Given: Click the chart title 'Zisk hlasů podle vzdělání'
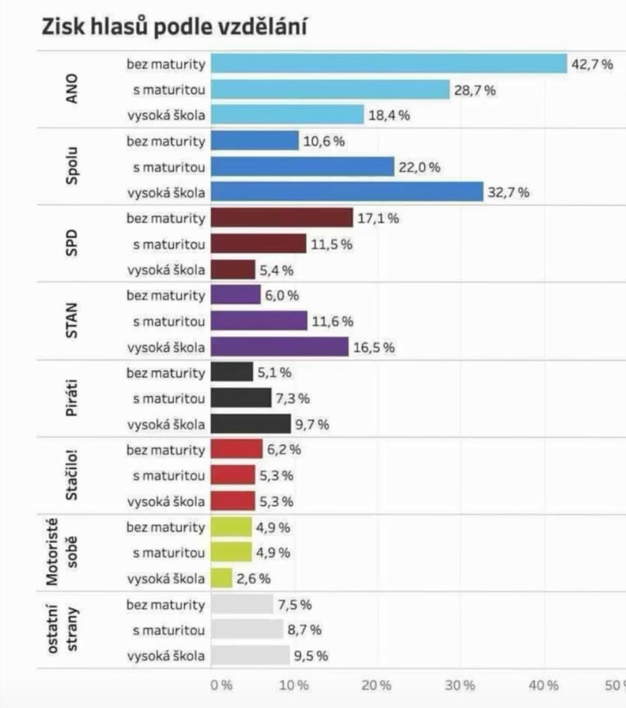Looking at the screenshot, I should (174, 27).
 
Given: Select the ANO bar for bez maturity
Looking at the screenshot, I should (389, 64).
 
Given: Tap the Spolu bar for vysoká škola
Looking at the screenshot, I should (347, 192).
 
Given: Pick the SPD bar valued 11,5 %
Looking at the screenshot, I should (259, 244).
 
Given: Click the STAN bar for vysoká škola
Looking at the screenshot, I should (280, 348).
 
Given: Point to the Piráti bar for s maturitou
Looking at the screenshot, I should (241, 398).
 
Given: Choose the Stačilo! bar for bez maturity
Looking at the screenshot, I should (236, 450).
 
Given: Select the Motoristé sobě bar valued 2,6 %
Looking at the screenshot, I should (221, 579).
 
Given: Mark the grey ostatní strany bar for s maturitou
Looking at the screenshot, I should (247, 631).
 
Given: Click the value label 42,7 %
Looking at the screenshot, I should (591, 65).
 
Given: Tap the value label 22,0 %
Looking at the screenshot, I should (419, 168).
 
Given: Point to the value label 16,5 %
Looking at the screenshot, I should (374, 348).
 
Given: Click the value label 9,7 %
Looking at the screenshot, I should (312, 425).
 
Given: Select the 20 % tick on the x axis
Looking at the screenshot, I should (376, 686).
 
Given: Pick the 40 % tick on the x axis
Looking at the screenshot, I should (544, 686).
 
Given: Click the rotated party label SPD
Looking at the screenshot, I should (71, 243).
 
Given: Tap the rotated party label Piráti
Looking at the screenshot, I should (71, 398).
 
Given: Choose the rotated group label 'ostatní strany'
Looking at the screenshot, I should (62, 630).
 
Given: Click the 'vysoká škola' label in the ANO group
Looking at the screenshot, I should (166, 115).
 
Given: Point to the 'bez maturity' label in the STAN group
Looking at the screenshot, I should (166, 296).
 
